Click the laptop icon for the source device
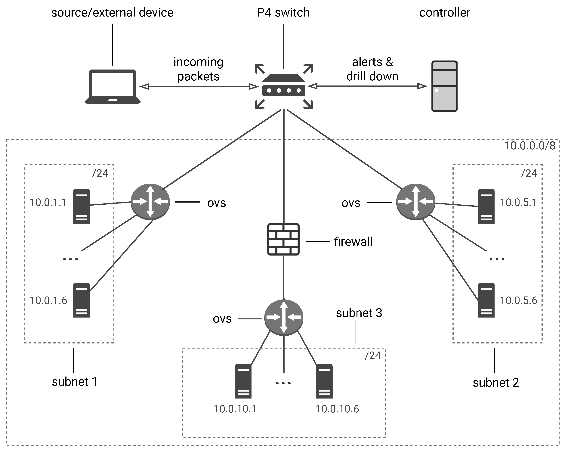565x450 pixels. pos(113,86)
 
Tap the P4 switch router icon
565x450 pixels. pos(284,86)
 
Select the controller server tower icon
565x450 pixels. pos(444,86)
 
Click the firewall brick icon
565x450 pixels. pos(283,239)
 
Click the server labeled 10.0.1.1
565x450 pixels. pos(81,206)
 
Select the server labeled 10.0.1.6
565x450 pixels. pos(81,300)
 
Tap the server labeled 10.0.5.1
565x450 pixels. pos(486,206)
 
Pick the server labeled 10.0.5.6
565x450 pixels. pos(486,300)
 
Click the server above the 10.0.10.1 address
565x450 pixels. pos(243,381)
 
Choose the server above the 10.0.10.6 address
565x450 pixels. pos(324,381)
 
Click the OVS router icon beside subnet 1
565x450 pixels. pos(150,202)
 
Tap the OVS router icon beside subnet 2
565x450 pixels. pos(416,202)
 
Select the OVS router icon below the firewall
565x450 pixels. pos(284,317)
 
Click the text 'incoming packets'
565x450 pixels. pos(198,69)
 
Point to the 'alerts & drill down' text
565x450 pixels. pos(372,69)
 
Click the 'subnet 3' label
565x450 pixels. pos(359,313)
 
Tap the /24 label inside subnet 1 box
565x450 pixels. pos(100,173)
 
